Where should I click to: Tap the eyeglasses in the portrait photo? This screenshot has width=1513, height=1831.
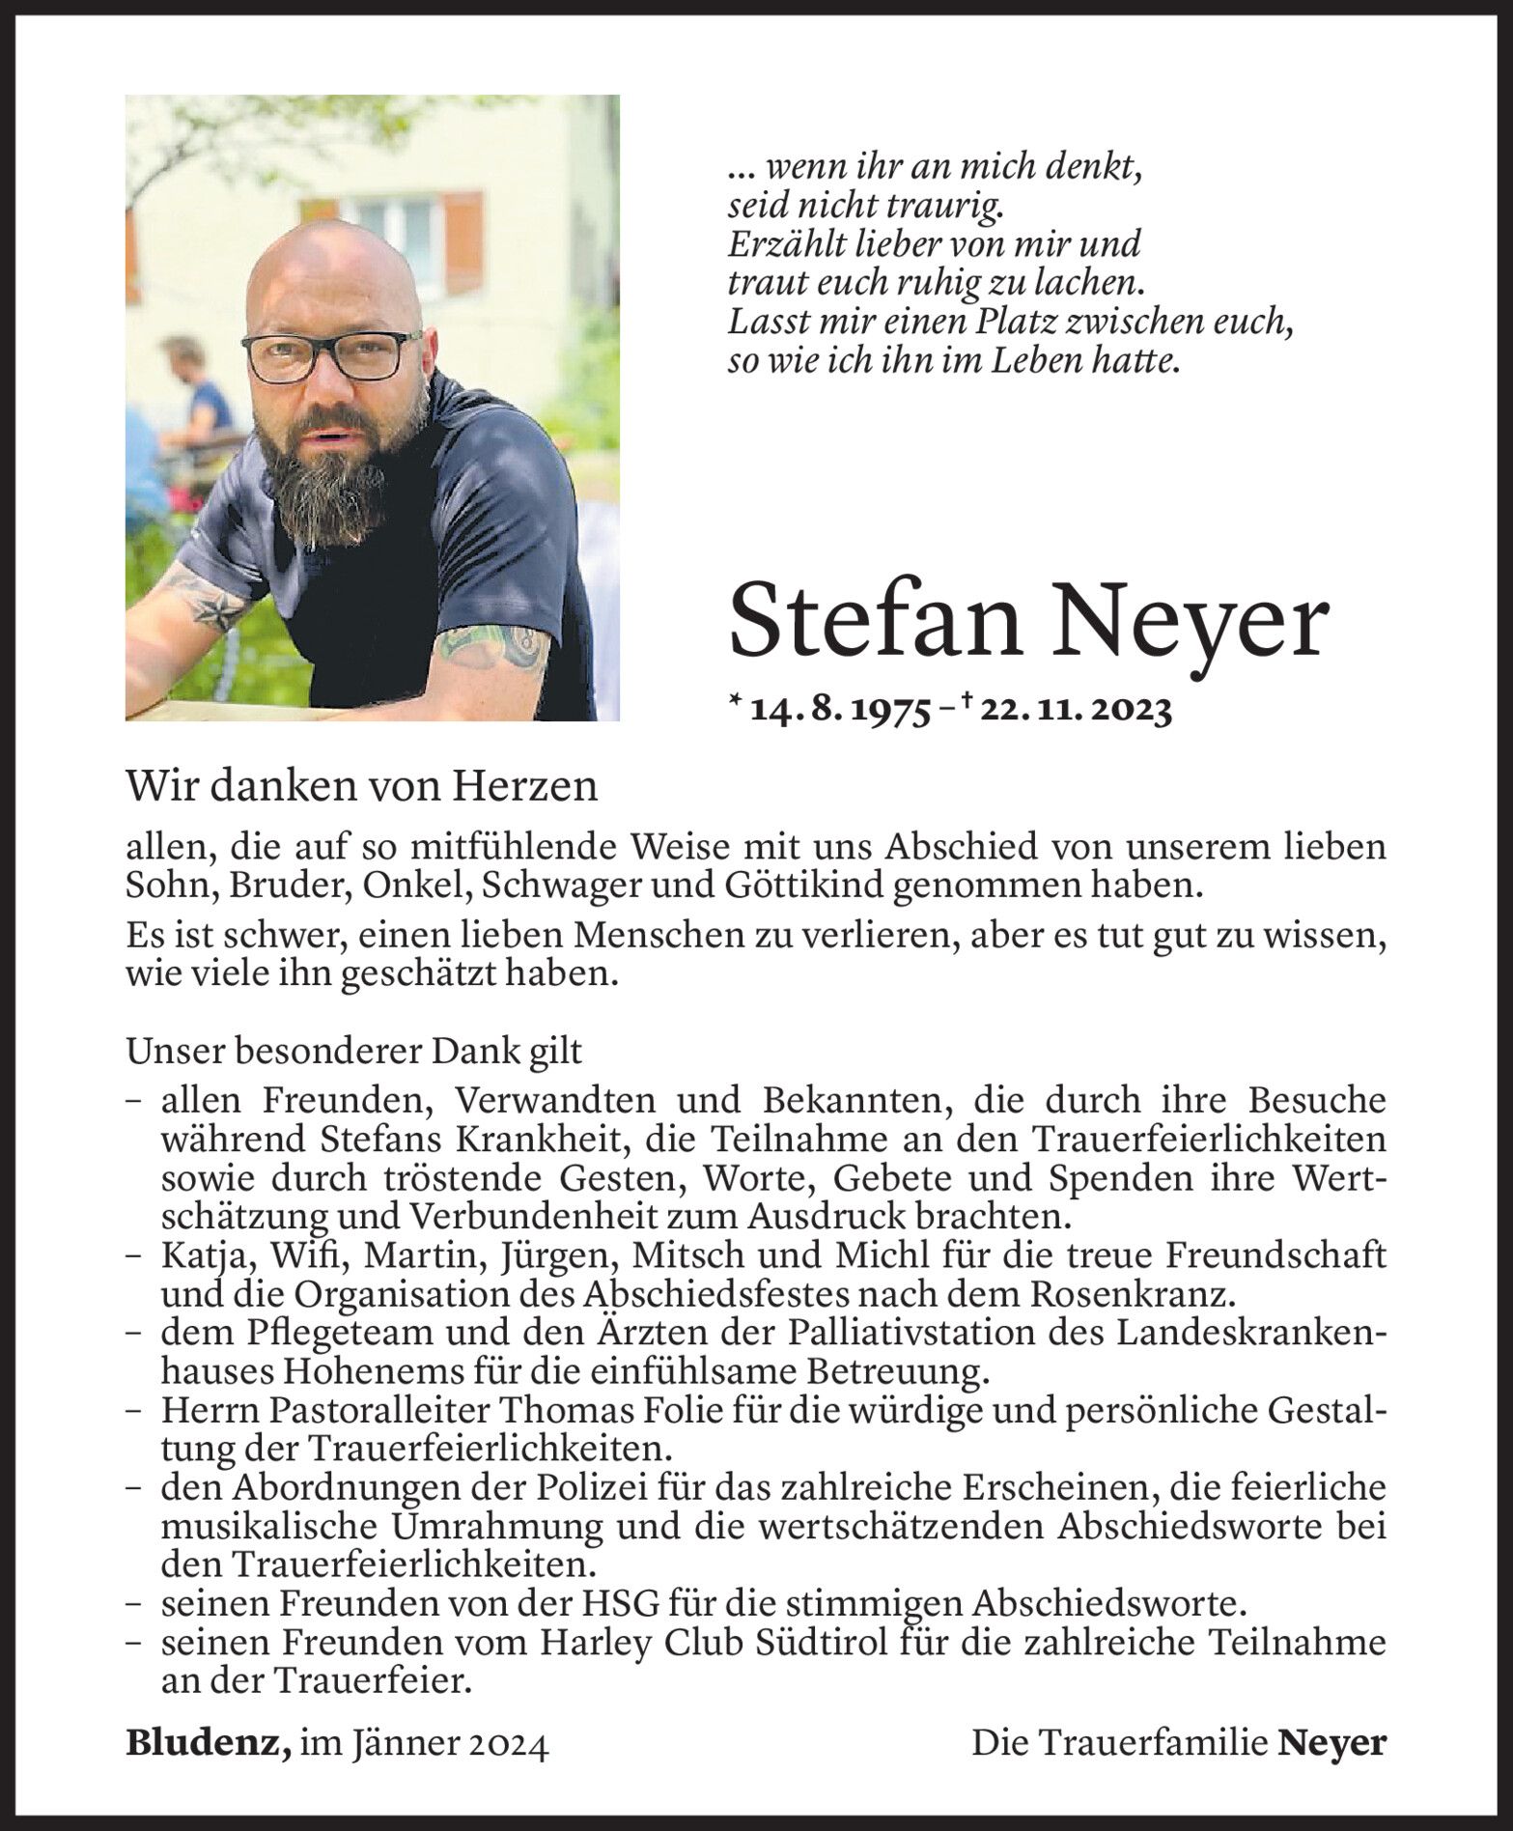(x=330, y=357)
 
